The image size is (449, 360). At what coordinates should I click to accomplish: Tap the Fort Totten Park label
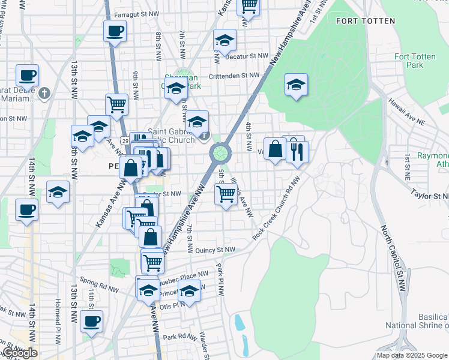click(415, 61)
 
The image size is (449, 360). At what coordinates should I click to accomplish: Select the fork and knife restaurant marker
click(297, 151)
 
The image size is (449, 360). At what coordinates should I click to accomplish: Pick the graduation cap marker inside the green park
click(296, 85)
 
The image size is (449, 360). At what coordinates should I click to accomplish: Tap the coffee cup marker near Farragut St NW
click(115, 31)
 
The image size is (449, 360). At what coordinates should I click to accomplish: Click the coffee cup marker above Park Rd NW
click(91, 321)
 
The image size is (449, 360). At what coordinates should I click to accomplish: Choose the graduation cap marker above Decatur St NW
click(225, 40)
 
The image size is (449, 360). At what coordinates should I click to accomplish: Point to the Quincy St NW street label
click(214, 250)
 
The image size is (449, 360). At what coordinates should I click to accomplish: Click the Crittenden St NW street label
click(234, 76)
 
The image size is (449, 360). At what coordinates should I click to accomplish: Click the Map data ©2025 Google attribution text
click(411, 355)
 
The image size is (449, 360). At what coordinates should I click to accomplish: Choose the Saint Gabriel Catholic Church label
click(171, 136)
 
